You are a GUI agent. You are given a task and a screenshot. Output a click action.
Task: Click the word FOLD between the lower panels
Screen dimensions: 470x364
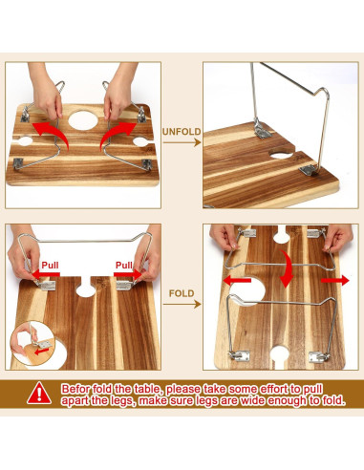[x=182, y=292]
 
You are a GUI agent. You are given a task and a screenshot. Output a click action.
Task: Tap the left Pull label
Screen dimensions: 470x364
[x=51, y=265]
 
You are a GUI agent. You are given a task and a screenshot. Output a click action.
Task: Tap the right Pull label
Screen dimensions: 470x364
[x=125, y=265]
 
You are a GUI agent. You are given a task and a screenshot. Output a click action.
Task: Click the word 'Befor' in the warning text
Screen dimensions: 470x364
[x=79, y=390]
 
